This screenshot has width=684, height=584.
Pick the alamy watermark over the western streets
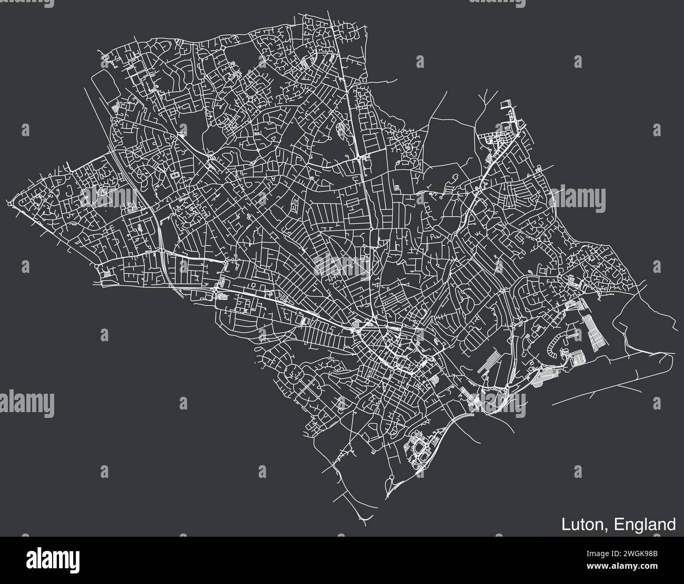pyautogui.click(x=108, y=198)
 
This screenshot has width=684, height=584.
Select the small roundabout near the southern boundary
pyautogui.click(x=391, y=477)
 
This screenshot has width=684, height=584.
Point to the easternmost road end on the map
pyautogui.click(x=677, y=330)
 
